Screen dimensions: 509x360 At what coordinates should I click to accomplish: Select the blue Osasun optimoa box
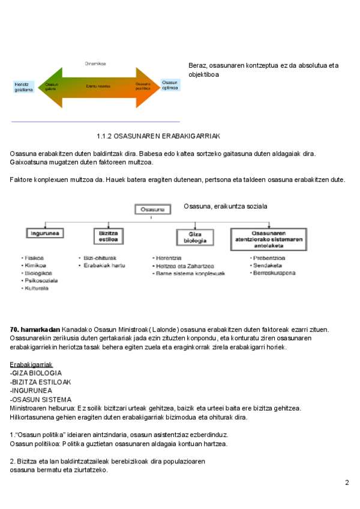(170, 85)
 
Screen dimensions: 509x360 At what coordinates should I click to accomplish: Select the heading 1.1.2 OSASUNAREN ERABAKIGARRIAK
(159, 136)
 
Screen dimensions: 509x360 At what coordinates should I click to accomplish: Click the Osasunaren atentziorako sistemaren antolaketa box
(268, 238)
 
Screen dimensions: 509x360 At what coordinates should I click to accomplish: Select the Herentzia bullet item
(171, 258)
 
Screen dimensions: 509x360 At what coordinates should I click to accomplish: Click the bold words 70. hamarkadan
(35, 330)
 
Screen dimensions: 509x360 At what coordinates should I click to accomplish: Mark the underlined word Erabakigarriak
(31, 364)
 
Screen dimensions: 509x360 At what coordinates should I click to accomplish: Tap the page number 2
(347, 483)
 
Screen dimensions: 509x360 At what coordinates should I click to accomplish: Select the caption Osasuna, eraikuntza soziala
(225, 206)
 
